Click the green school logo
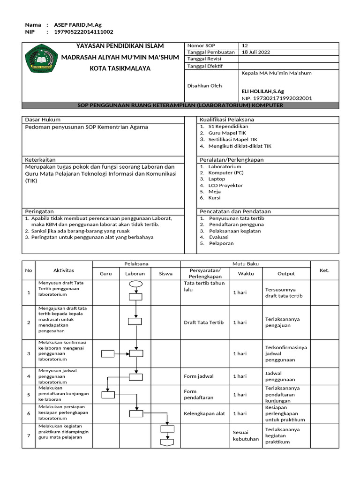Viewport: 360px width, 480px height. (41, 59)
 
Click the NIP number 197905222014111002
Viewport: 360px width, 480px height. (83, 32)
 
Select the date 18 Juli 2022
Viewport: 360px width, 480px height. (255, 52)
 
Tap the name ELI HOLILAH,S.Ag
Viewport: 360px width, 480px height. (262, 91)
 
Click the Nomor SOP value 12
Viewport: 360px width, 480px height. (245, 45)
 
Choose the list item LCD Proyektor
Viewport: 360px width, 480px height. (225, 185)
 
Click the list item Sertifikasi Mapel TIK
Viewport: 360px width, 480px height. (232, 139)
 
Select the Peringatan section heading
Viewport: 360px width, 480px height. (39, 211)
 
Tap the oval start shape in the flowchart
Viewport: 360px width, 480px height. (135, 284)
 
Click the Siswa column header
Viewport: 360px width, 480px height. (165, 273)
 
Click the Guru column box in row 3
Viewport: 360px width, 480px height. (108, 353)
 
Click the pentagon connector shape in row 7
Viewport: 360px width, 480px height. (167, 442)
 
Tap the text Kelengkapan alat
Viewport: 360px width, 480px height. (204, 413)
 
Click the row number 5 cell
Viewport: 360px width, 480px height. (29, 395)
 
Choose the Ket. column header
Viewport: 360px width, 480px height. (324, 270)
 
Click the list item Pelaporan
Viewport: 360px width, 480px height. (221, 243)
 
